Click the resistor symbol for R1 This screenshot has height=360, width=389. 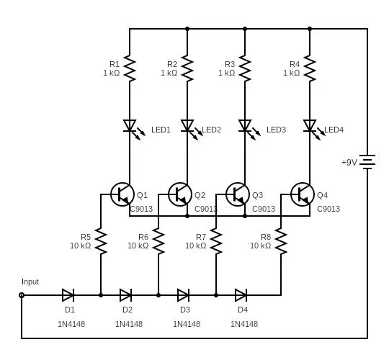coord(130,68)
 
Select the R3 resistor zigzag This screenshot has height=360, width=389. coord(245,68)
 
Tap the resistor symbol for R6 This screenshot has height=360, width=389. coord(158,241)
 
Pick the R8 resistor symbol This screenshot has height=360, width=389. coord(281,241)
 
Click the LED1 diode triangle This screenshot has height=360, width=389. coord(130,125)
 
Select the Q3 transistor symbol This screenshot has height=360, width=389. coord(238,194)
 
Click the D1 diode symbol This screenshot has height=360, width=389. coord(68,295)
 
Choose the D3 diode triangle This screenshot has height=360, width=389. coord(184,295)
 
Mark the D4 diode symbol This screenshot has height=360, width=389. coord(241,295)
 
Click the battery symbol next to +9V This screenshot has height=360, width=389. coord(367,162)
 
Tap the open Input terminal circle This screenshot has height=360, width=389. coord(22,295)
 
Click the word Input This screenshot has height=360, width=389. coord(30,282)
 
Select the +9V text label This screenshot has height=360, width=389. coord(349,163)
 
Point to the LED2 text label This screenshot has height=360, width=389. coord(211,130)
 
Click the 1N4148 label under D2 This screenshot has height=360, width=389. coord(129,324)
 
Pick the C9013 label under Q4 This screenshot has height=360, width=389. coord(328,209)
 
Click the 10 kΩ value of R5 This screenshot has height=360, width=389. coord(81,246)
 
